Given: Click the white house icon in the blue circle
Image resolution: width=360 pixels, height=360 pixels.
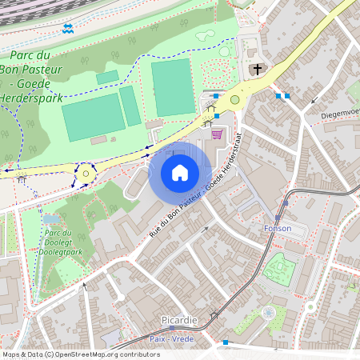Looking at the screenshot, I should [180, 172].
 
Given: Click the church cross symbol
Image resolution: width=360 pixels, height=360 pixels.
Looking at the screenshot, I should [257, 70].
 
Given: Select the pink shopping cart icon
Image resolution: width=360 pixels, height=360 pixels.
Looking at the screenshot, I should [215, 134].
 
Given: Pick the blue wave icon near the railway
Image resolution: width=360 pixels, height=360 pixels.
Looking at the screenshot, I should [68, 29].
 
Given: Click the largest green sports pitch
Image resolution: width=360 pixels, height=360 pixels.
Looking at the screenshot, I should [173, 86].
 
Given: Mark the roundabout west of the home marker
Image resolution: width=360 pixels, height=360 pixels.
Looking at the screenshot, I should [86, 173].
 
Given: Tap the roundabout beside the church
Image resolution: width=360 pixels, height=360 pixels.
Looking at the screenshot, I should [234, 100].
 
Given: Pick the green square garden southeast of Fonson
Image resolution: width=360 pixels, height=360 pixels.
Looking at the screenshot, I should [278, 269].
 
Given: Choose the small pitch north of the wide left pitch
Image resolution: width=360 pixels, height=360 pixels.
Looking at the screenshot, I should [107, 77].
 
